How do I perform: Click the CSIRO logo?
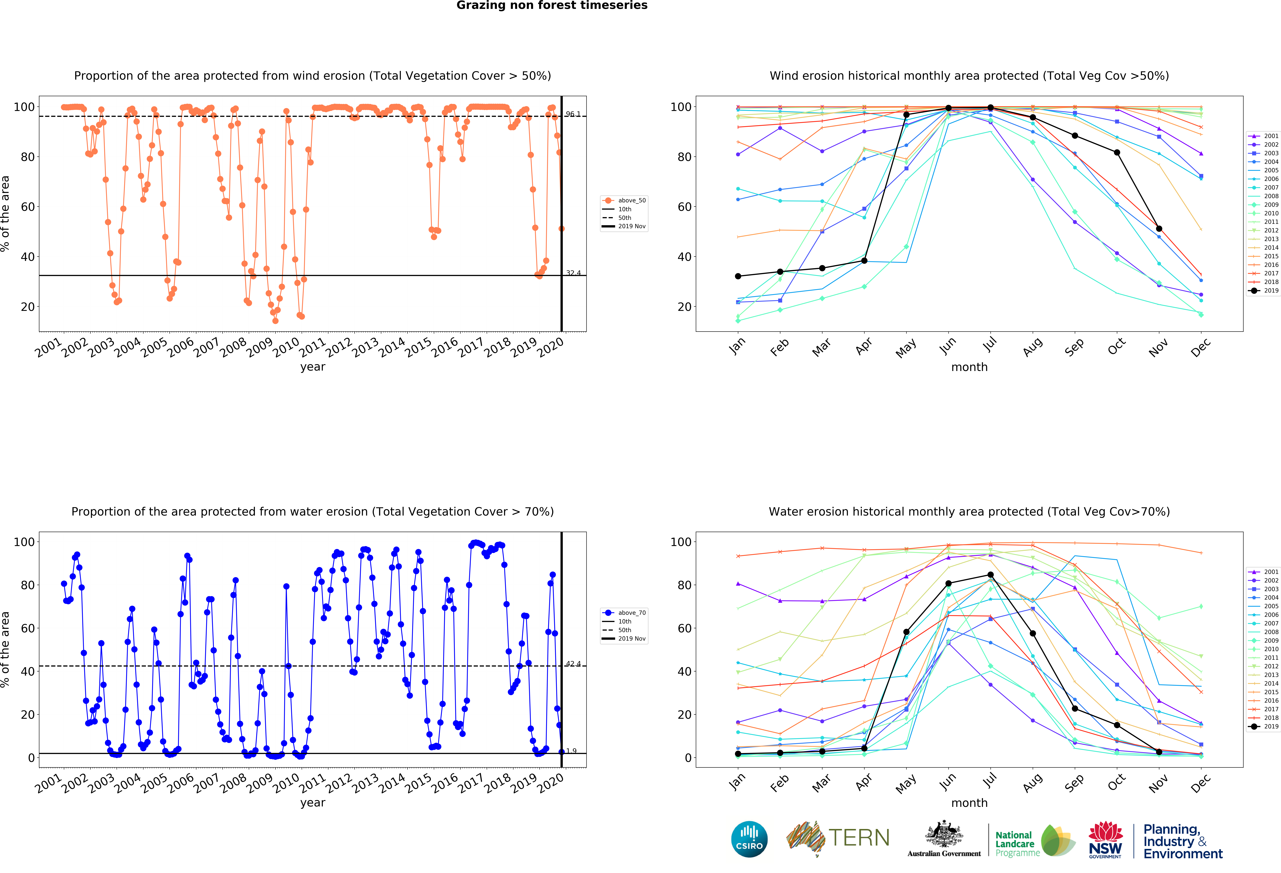(x=749, y=839)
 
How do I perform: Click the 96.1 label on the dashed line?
(x=573, y=114)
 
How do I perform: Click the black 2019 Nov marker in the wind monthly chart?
(x=1159, y=229)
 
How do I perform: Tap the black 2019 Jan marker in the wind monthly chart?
(x=738, y=276)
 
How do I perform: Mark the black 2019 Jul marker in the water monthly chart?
(x=991, y=575)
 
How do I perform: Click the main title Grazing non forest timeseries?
(x=552, y=5)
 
